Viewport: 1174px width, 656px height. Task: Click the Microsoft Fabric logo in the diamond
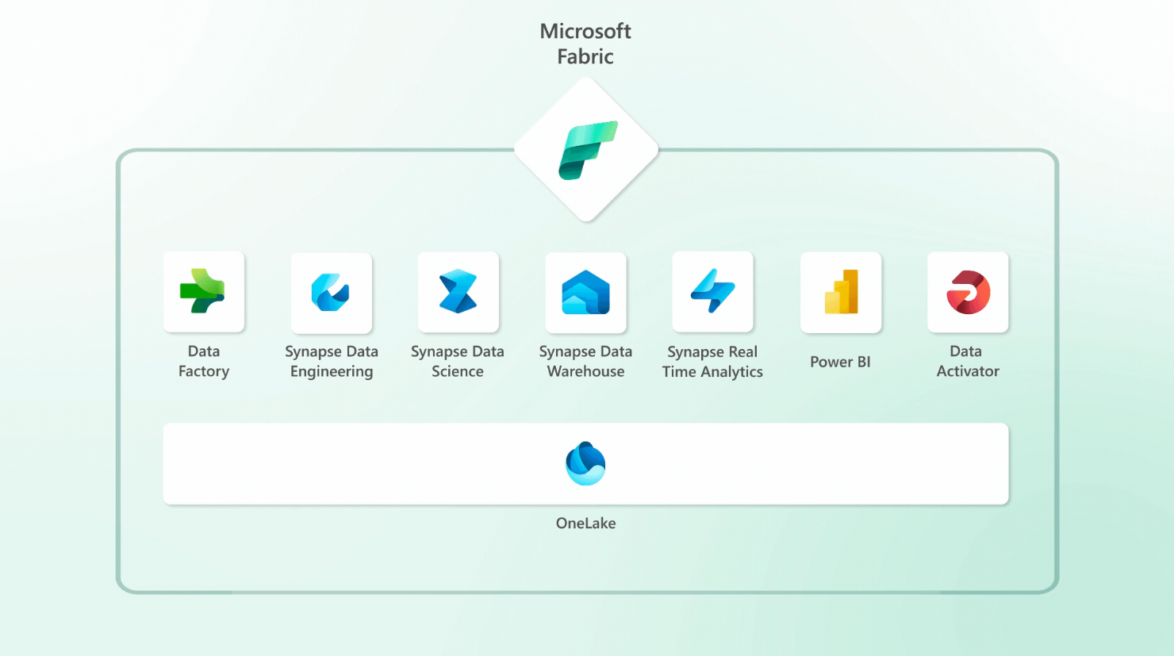click(x=586, y=150)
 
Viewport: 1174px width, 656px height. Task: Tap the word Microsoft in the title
click(x=585, y=31)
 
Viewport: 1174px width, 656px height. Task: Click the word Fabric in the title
click(x=585, y=56)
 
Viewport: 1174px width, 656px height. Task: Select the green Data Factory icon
click(x=203, y=291)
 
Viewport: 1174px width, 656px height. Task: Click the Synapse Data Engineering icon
click(x=331, y=292)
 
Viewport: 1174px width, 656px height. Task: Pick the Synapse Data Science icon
click(x=458, y=291)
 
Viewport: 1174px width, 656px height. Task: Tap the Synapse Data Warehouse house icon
click(x=585, y=292)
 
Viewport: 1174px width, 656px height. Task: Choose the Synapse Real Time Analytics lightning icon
click(x=712, y=291)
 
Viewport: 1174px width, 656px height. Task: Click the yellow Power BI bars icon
click(x=841, y=292)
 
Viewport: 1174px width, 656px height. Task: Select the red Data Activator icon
click(x=968, y=292)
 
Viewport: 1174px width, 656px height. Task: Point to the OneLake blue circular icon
click(x=585, y=463)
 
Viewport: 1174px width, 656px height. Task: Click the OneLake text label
click(x=585, y=523)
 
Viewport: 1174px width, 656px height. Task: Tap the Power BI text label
click(x=840, y=362)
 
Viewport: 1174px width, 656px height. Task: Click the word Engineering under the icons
click(x=332, y=371)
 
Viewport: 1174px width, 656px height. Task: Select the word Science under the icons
click(x=458, y=371)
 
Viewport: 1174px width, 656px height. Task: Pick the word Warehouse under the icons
click(x=585, y=371)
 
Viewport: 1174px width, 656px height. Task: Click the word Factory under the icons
click(x=204, y=371)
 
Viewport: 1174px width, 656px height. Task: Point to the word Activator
click(x=968, y=371)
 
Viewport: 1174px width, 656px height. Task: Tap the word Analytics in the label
click(x=732, y=371)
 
